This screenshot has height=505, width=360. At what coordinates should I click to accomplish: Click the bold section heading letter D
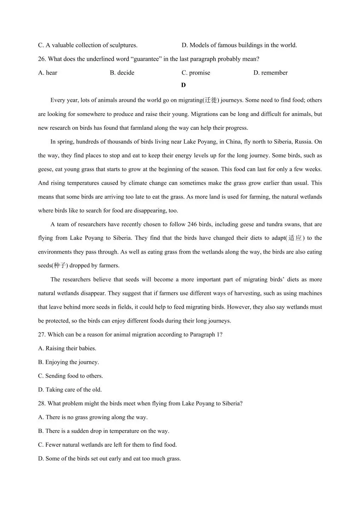183,85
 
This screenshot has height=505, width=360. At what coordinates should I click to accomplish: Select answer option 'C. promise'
196,73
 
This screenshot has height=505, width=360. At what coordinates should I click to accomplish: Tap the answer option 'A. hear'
48,73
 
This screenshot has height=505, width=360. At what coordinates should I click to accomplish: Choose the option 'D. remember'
271,73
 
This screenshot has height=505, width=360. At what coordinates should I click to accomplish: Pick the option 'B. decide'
122,73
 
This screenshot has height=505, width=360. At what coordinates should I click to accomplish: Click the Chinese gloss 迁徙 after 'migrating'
211,100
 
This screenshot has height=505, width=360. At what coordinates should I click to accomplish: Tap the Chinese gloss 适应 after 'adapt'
295,238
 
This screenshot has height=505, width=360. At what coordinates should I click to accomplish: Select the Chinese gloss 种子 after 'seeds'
60,266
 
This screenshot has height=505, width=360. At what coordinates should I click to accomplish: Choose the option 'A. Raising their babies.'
67,348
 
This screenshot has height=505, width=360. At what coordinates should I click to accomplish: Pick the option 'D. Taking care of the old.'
70,390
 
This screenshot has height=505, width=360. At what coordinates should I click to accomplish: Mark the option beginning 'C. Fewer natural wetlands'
108,445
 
